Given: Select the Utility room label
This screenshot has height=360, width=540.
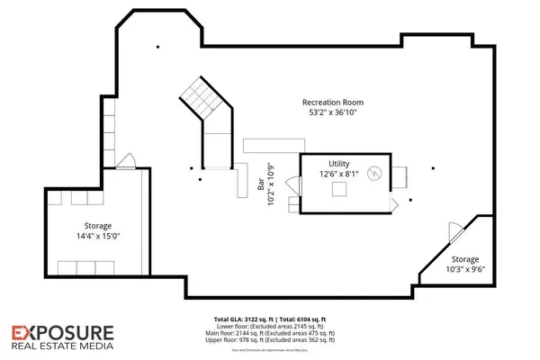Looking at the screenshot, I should (338, 162).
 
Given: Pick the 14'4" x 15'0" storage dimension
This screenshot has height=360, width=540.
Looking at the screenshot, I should (98, 236).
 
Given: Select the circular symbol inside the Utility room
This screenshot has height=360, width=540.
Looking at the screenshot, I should (376, 172).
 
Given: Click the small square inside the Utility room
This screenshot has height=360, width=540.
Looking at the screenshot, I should (340, 189).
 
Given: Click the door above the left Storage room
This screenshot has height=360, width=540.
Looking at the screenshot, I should (127, 163).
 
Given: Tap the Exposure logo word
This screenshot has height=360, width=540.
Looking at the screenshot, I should (62, 332).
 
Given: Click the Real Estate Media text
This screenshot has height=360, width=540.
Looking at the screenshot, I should (62, 345).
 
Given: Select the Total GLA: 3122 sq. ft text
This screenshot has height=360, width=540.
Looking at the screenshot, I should (243, 319).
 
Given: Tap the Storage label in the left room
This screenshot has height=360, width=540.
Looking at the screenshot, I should (97, 225).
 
